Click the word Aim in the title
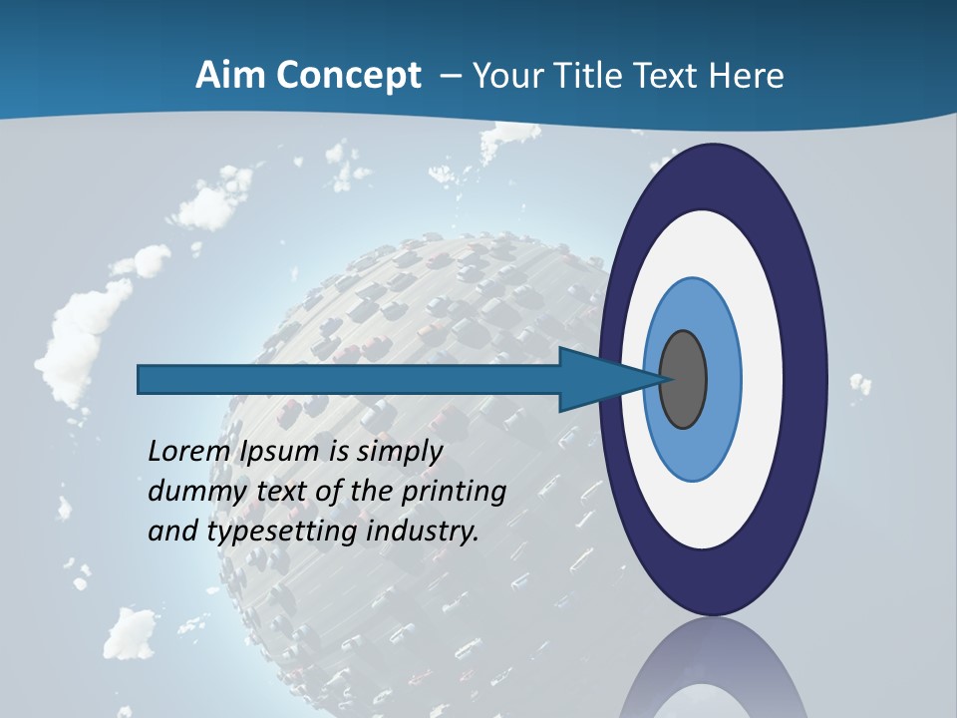(x=230, y=76)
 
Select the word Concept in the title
(x=348, y=76)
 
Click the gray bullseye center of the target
(x=684, y=379)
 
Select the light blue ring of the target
(x=723, y=379)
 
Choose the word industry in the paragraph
(x=423, y=532)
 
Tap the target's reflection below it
(x=712, y=673)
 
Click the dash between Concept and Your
(x=450, y=77)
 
